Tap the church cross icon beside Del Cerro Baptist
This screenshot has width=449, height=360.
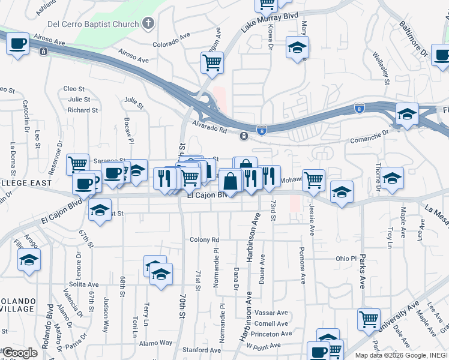pyautogui.click(x=148, y=25)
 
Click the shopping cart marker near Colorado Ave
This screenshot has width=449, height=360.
pyautogui.click(x=212, y=62)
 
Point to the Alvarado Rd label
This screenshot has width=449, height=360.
pyautogui.click(x=209, y=126)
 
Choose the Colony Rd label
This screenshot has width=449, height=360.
pyautogui.click(x=205, y=239)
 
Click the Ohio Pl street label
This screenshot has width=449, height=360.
pyautogui.click(x=346, y=259)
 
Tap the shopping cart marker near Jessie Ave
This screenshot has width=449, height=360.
pyautogui.click(x=314, y=179)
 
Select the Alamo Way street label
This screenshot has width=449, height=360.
pyautogui.click(x=155, y=343)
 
